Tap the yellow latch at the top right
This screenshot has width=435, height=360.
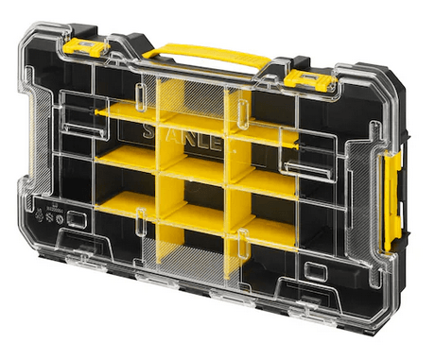coord(311,79)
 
